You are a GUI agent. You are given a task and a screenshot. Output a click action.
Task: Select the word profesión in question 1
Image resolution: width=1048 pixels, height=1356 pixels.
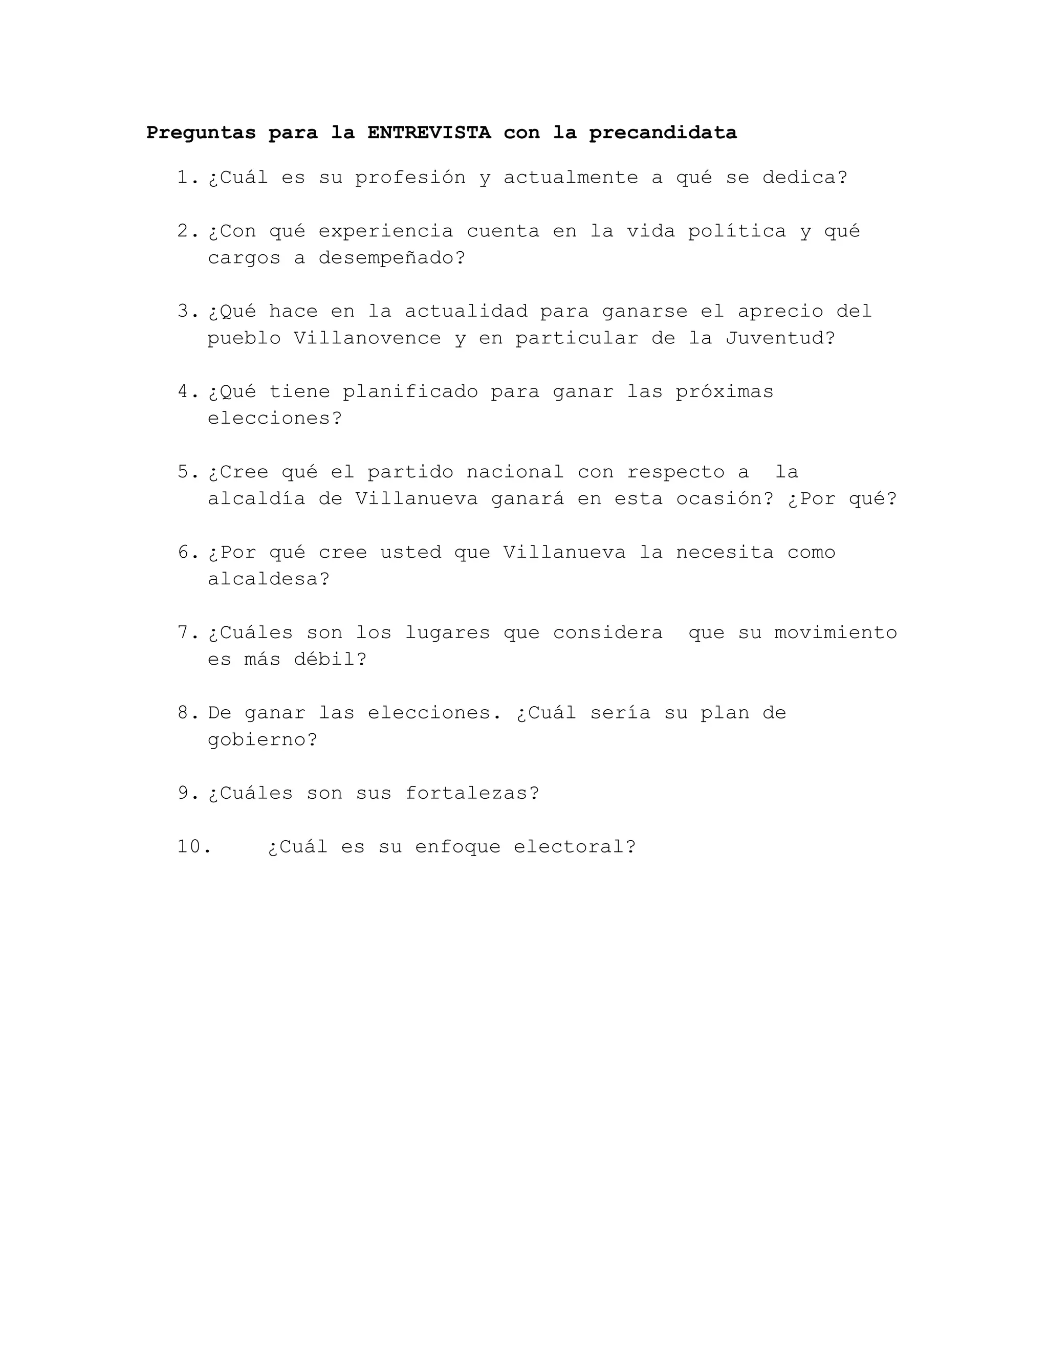(x=410, y=178)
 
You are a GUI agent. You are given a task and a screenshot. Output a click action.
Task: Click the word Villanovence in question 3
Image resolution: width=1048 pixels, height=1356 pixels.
(x=367, y=338)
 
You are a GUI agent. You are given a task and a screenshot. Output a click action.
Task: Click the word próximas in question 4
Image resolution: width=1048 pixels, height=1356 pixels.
(x=725, y=392)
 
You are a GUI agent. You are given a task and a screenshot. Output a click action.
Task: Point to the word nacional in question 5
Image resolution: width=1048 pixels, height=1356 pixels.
(x=515, y=472)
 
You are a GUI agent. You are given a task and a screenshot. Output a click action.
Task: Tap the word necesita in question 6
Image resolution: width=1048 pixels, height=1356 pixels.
(x=725, y=553)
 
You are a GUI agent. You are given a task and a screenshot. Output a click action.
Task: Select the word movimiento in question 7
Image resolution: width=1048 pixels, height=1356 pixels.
(x=835, y=632)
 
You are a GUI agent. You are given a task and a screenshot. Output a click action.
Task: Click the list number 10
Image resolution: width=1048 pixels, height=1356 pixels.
(x=194, y=847)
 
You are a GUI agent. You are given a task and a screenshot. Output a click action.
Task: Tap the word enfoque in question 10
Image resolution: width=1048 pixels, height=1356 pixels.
(x=457, y=847)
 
